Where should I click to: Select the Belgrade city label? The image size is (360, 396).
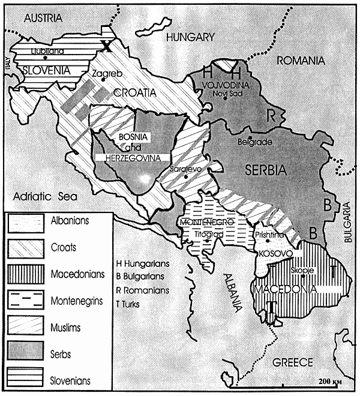256,142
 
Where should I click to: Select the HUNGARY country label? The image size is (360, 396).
191,37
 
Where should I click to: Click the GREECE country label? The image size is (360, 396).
293,362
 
